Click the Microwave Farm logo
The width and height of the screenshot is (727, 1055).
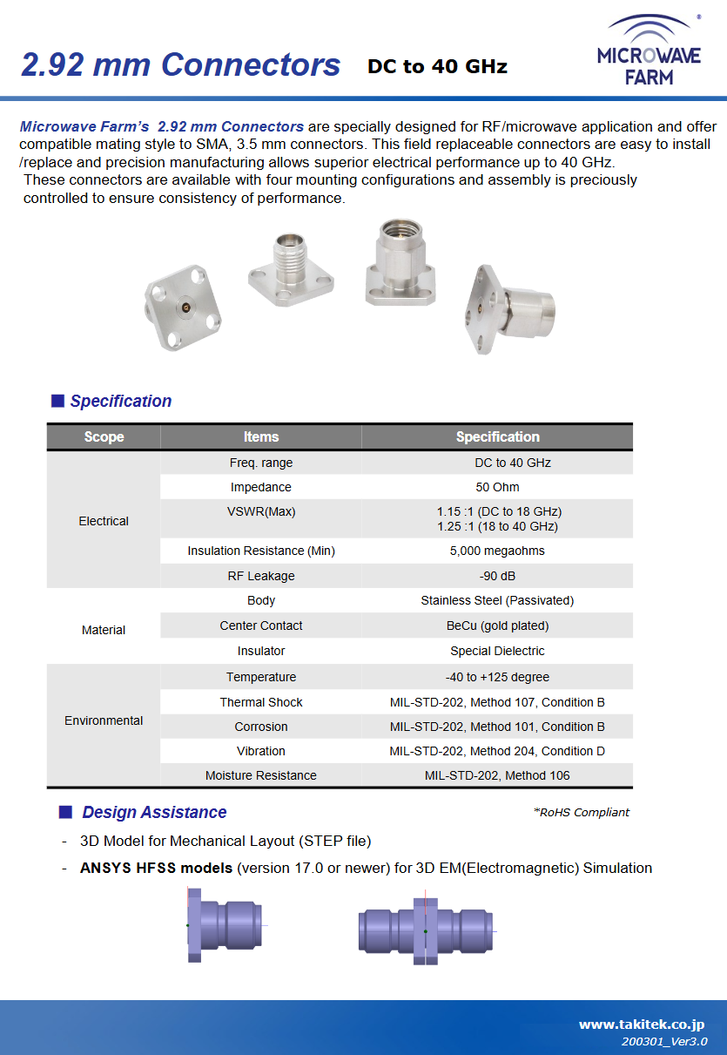[649, 51]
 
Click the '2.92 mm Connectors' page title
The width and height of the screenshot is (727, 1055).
[180, 65]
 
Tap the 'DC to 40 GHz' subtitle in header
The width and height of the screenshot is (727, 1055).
[437, 66]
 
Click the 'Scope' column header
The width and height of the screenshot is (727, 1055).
[104, 436]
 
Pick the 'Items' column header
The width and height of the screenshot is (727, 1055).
[261, 436]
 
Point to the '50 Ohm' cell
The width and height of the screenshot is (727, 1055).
[497, 487]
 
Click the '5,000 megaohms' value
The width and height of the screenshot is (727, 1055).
[497, 551]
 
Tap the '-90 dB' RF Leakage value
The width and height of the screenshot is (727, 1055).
[497, 576]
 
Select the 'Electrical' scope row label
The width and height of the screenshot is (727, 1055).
[104, 521]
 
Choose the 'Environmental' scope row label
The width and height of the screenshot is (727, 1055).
[104, 720]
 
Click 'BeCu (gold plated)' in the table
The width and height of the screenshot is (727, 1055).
[497, 626]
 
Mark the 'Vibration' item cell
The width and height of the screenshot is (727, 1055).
[261, 751]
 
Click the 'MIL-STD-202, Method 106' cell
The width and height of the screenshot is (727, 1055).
[497, 775]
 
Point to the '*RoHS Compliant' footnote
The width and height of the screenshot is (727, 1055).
[581, 812]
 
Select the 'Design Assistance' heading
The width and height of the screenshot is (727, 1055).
[154, 812]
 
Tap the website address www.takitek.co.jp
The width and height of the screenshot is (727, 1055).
[642, 1025]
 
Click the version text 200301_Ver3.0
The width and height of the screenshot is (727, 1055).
[663, 1042]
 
